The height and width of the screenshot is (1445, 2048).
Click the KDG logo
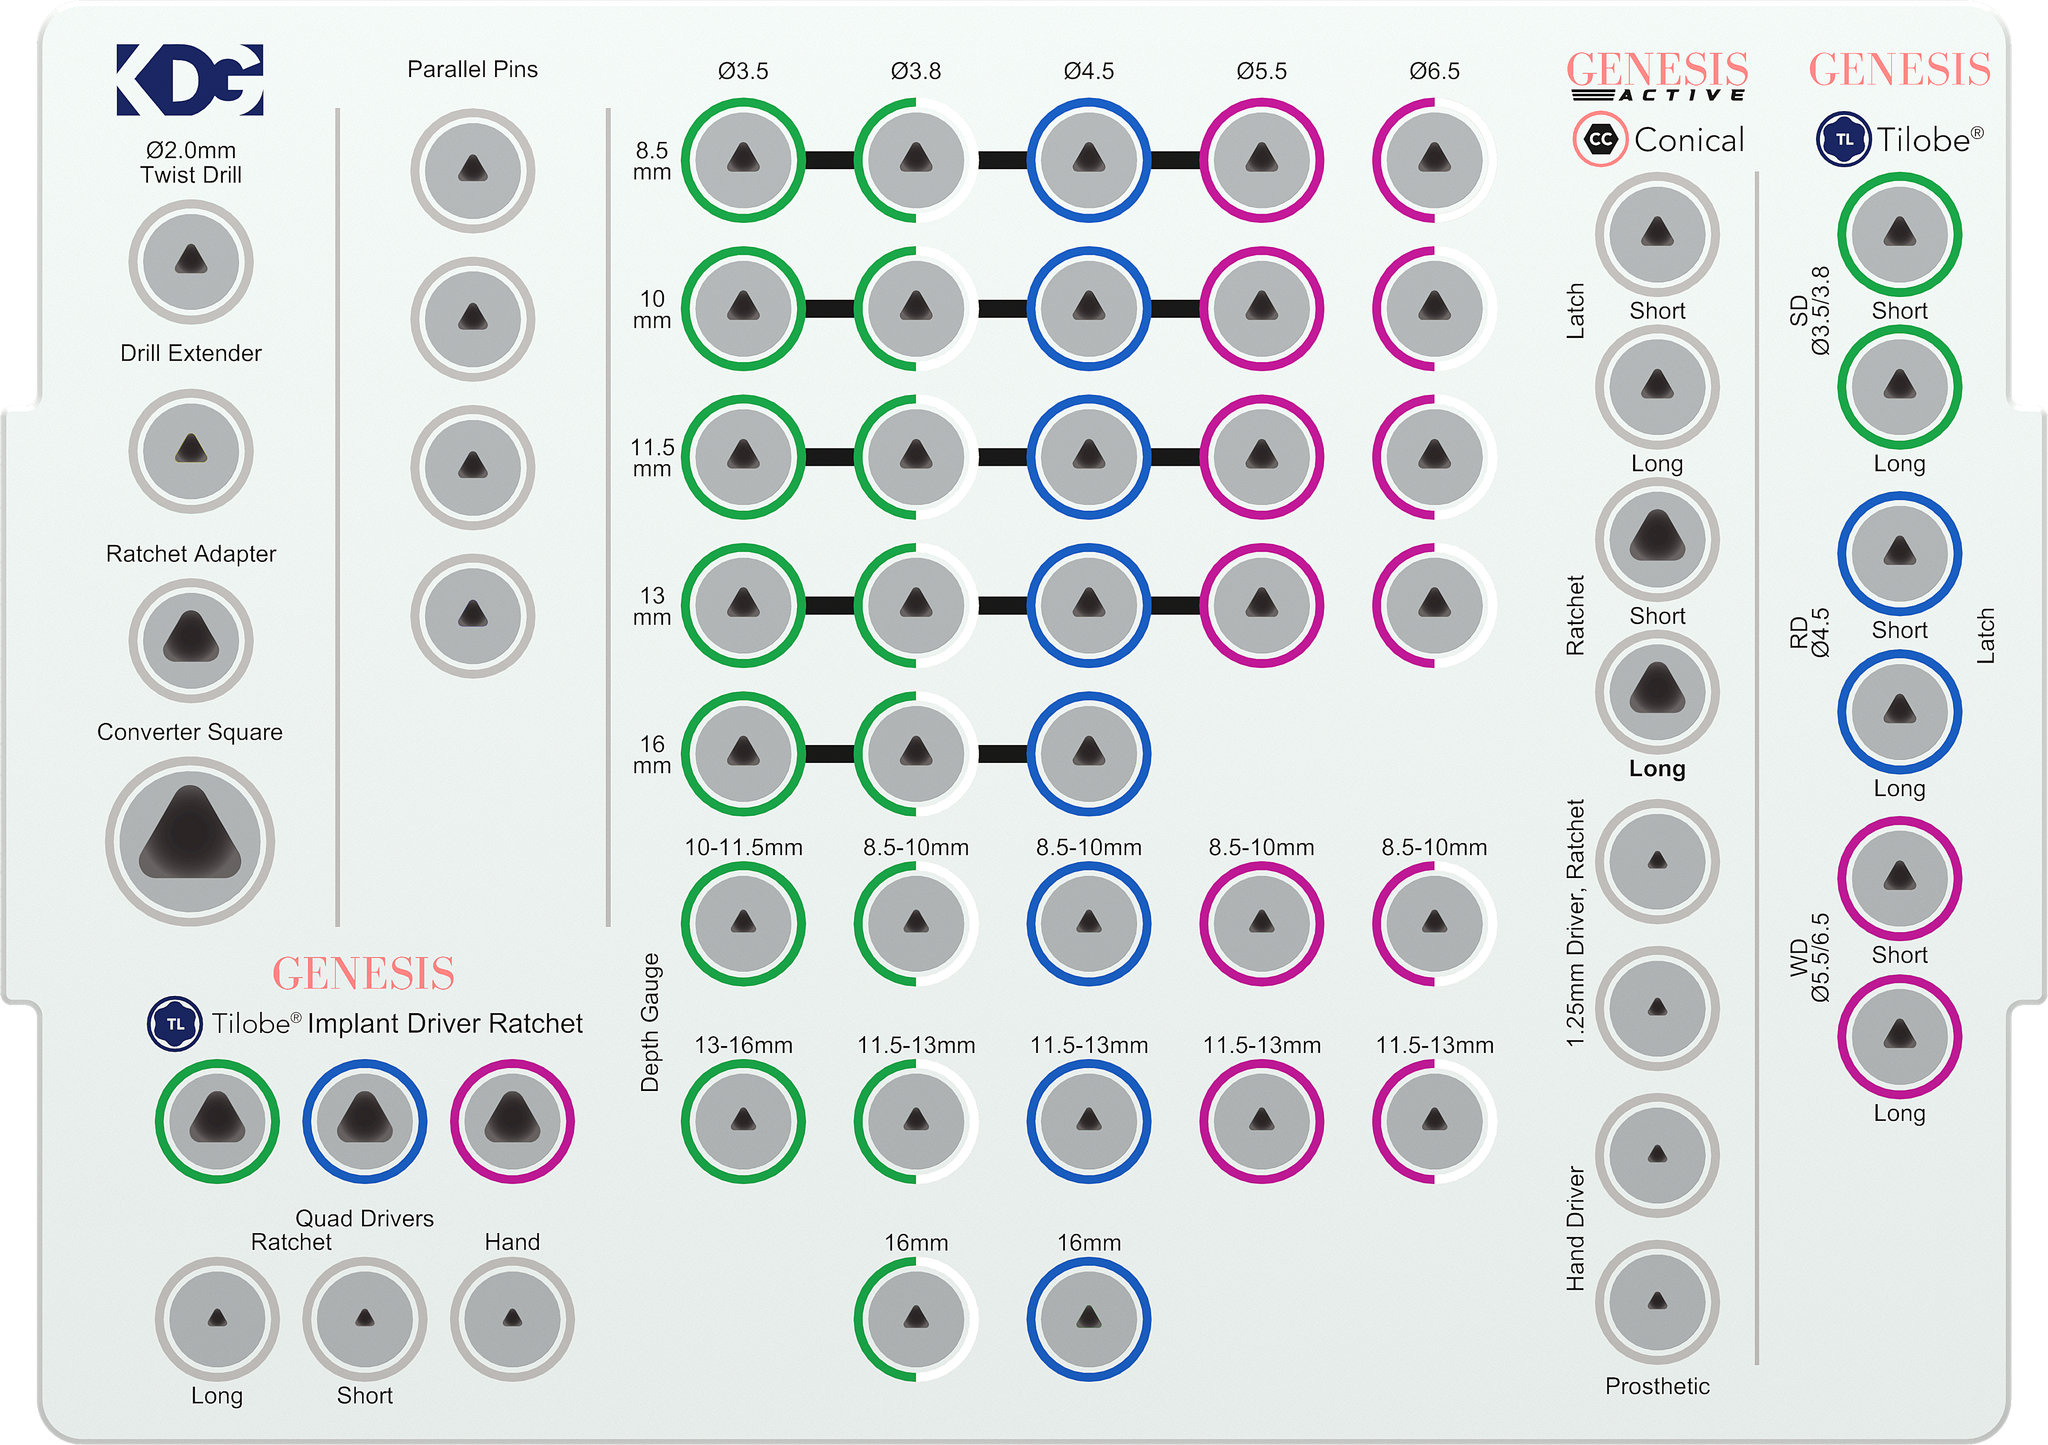point(190,80)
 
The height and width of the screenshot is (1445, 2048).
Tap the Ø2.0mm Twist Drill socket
point(191,261)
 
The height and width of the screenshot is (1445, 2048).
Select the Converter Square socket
point(190,841)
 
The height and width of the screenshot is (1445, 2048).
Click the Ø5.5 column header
point(1261,70)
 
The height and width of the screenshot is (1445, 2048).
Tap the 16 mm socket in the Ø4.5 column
point(1088,754)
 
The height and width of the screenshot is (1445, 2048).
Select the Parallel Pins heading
point(472,70)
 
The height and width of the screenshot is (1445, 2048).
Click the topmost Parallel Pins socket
point(472,170)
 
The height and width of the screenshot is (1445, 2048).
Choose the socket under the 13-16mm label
point(743,1121)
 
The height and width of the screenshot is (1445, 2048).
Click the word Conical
point(1688,140)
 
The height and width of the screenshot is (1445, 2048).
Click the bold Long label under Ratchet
point(1657,769)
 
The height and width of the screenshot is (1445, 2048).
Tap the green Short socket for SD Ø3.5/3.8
point(1899,234)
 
